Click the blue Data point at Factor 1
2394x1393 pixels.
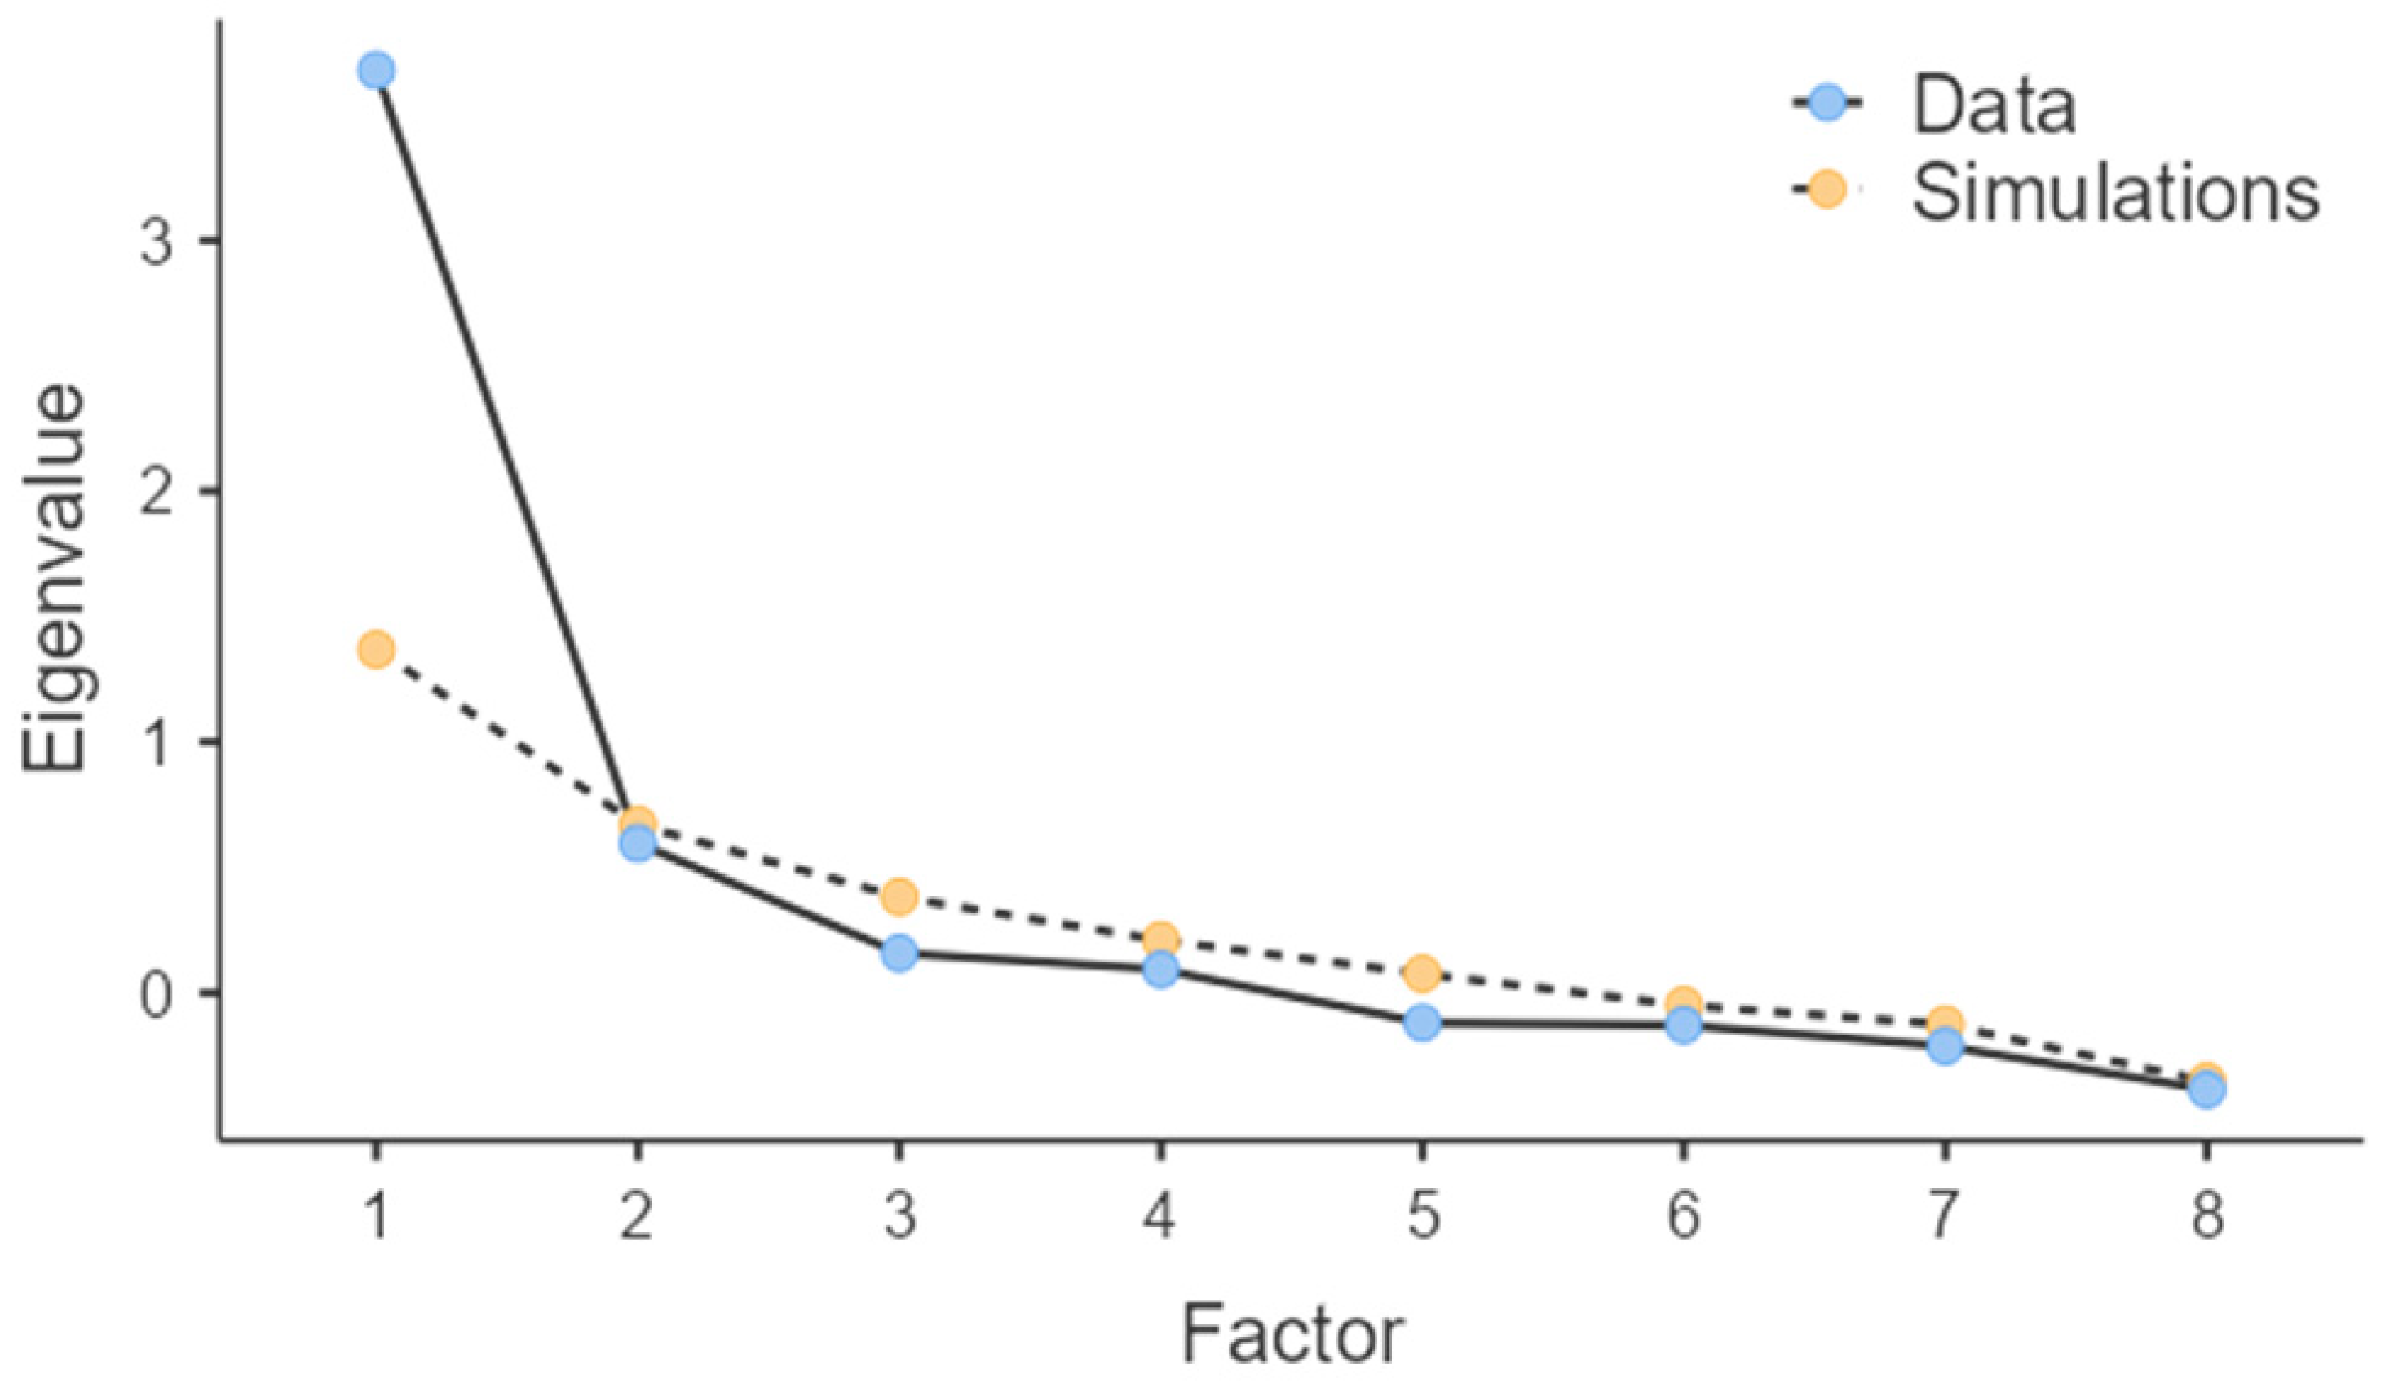tap(376, 70)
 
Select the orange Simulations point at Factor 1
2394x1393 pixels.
tap(376, 650)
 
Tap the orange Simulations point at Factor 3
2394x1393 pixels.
tap(899, 896)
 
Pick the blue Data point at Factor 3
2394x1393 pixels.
tap(899, 953)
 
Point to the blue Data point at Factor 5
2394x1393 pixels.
tap(1422, 1023)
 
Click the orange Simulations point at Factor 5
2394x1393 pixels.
tap(1422, 972)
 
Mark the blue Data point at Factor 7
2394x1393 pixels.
tap(1945, 1047)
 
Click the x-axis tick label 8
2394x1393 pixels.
tap(2206, 1216)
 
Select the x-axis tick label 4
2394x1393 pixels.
tap(1160, 1216)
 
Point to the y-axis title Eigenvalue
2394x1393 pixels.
tap(55, 580)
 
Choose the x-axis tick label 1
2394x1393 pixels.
tap(376, 1216)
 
